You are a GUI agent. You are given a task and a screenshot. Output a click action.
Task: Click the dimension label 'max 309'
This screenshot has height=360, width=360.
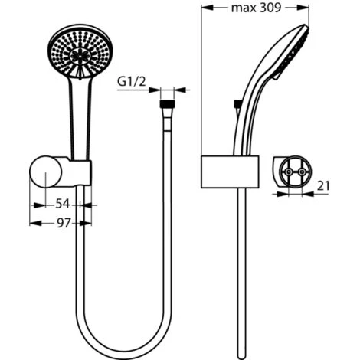pyautogui.click(x=255, y=9)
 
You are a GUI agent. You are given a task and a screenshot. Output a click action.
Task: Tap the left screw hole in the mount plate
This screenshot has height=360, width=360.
pyautogui.click(x=286, y=174)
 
